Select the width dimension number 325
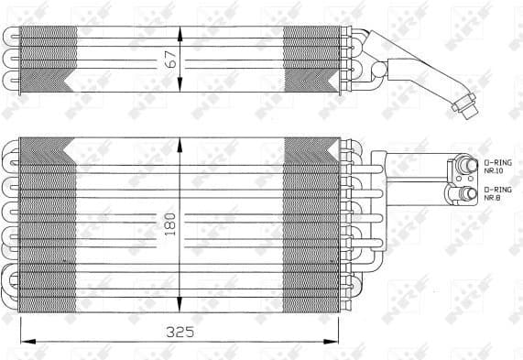click(x=180, y=332)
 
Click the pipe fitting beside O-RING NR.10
click(x=466, y=164)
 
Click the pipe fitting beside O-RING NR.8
click(x=464, y=192)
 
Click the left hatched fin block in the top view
click(x=48, y=60)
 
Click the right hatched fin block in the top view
click(x=311, y=60)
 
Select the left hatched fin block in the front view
click(x=48, y=224)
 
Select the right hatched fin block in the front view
click(x=311, y=224)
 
